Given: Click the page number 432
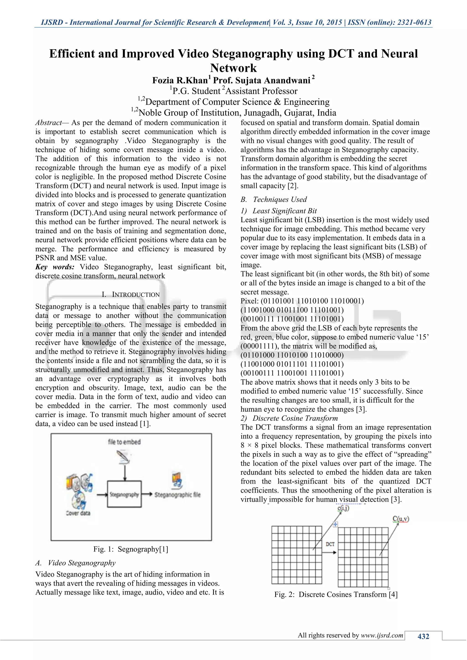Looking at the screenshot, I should point(423,636).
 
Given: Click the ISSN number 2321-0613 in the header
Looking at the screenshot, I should point(414,22).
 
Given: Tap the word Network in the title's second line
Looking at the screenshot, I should point(233,68).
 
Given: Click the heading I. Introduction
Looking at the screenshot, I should point(131,294).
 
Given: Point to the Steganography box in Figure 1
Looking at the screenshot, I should point(124,494).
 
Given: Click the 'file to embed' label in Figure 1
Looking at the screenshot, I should point(124,442).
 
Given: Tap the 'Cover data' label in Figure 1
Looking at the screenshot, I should point(78,513).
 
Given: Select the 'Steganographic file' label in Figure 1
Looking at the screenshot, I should point(177,495).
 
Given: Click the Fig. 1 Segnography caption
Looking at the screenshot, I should point(131,549).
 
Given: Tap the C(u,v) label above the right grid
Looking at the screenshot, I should point(401,519).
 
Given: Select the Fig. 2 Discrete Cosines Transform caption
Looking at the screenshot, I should point(336,594).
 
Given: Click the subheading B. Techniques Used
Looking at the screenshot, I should point(274,199).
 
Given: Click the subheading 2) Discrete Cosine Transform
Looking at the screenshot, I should point(289,418).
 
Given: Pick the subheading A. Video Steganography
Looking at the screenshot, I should point(75,563).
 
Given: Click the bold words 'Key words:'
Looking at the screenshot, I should point(55,267).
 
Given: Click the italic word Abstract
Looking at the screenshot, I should point(48,123).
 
